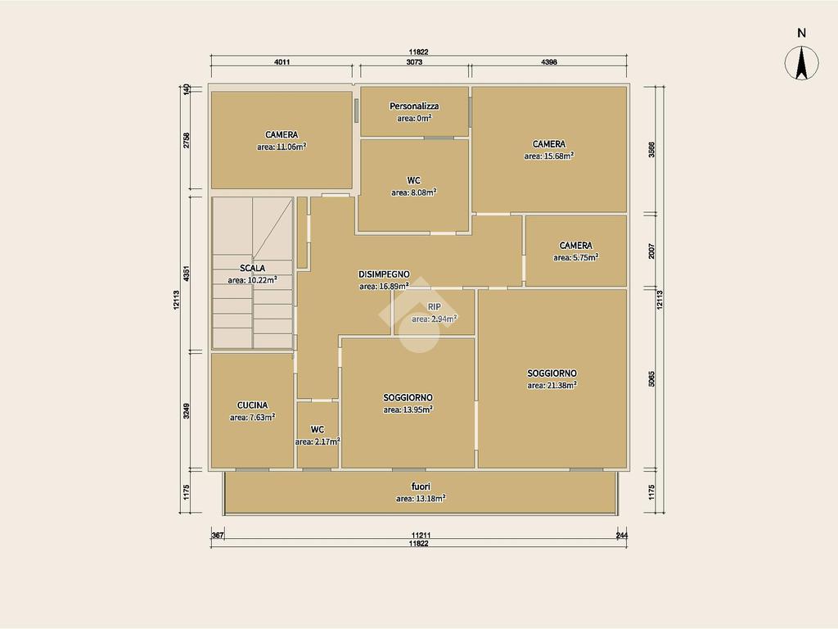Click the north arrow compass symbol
tap(801, 62)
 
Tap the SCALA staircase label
tap(252, 268)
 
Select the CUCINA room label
tap(252, 405)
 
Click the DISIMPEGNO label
tap(384, 274)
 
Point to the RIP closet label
tap(434, 307)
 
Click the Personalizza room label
tap(414, 106)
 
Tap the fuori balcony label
tap(421, 486)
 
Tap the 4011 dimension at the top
tap(282, 62)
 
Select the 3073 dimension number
tap(414, 62)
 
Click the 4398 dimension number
tap(549, 62)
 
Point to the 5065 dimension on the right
tap(651, 378)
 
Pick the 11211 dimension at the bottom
tap(421, 535)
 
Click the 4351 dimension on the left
tap(186, 274)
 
